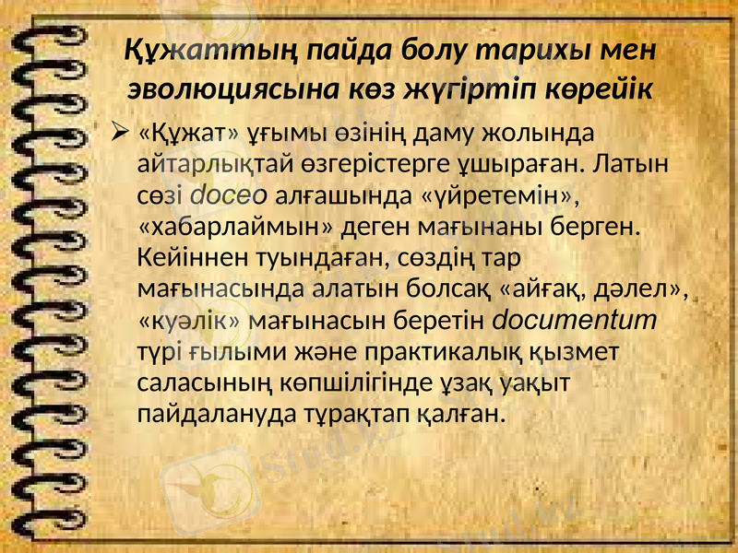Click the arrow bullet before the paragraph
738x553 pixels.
coord(117,135)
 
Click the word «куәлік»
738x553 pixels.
coord(189,321)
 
